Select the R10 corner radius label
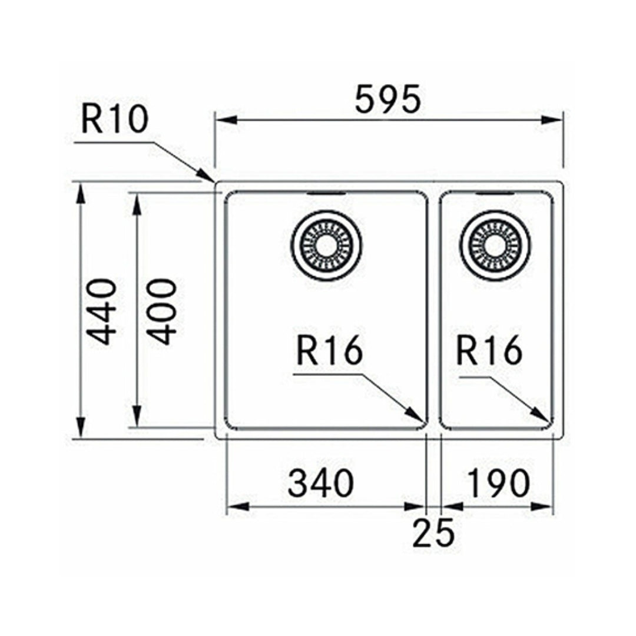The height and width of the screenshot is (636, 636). pyautogui.click(x=114, y=120)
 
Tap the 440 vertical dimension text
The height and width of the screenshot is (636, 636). pyautogui.click(x=101, y=312)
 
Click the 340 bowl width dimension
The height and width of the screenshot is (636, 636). pyautogui.click(x=321, y=483)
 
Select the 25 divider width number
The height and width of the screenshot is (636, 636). pyautogui.click(x=433, y=534)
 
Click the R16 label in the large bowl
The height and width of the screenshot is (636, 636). pyautogui.click(x=329, y=352)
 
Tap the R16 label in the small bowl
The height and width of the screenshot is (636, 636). pyautogui.click(x=489, y=352)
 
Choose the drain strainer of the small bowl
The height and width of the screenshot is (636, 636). pyautogui.click(x=496, y=245)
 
